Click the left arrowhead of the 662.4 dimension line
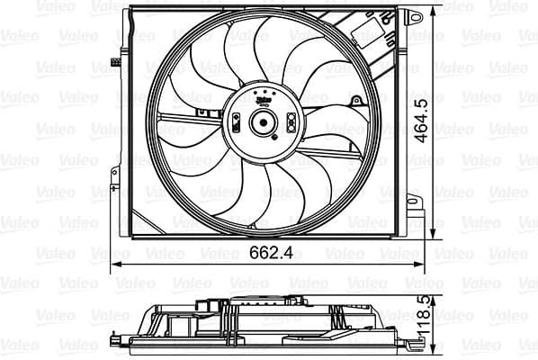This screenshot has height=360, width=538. [115, 265]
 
